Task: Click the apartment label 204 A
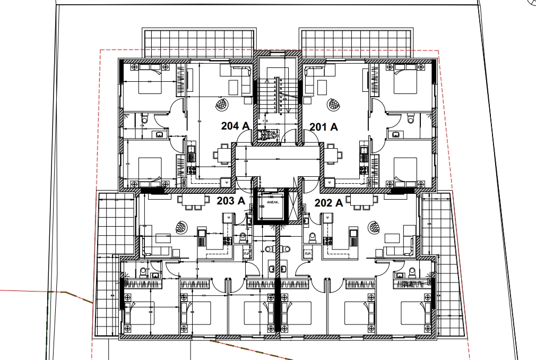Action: coord(235,126)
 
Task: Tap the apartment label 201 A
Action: coord(324,126)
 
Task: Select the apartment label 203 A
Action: coord(231,201)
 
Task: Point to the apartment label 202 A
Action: coord(329,202)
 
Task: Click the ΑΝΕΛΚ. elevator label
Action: coord(273,202)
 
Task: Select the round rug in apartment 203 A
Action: coord(183,227)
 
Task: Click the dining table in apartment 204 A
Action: coord(222,155)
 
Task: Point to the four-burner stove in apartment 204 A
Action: coord(191,171)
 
